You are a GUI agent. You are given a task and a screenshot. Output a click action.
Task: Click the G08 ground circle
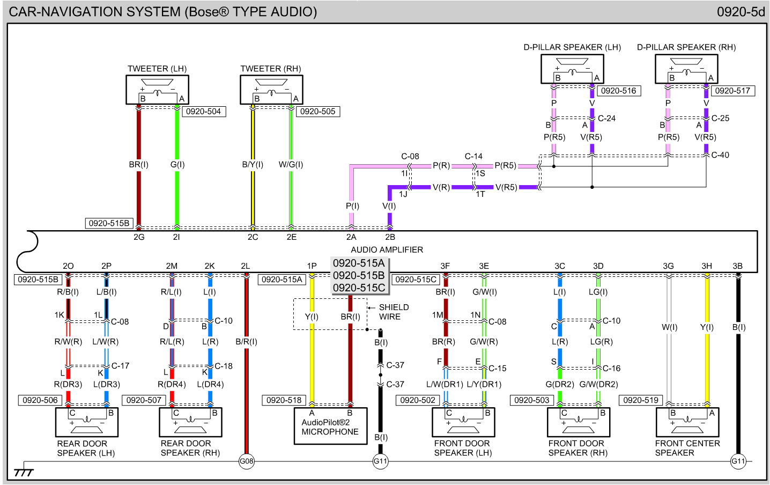tap(247, 461)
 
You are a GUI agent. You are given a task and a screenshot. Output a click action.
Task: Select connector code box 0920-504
tap(203, 112)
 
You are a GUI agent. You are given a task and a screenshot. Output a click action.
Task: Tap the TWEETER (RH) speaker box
tap(271, 90)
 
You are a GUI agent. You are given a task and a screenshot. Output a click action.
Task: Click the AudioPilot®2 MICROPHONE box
tap(330, 427)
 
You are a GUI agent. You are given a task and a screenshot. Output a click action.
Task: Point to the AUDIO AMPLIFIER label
tap(387, 249)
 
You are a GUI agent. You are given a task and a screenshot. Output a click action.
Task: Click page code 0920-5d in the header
tap(741, 12)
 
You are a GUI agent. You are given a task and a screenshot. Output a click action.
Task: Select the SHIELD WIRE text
tap(394, 312)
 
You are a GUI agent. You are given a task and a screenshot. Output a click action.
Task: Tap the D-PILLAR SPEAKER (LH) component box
tap(572, 69)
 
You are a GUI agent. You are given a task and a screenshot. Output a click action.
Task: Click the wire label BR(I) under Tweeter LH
tap(138, 165)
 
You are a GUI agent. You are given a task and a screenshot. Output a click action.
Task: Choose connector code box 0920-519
tap(641, 400)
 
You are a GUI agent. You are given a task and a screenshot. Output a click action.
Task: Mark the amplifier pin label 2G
tap(139, 237)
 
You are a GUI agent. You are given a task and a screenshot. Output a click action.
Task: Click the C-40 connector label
tap(720, 155)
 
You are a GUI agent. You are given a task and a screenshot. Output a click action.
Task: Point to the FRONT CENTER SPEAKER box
tap(687, 422)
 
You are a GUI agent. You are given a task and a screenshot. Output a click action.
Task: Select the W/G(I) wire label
tap(291, 165)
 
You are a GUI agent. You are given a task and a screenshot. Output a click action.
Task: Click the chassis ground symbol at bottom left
tap(24, 471)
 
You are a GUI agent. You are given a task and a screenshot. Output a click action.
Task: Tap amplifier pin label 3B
tap(738, 266)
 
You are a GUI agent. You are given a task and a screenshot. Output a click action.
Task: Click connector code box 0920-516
tap(618, 91)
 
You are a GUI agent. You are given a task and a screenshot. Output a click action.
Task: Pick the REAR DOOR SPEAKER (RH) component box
tap(190, 422)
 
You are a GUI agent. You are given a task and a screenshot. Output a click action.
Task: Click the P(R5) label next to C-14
tap(506, 166)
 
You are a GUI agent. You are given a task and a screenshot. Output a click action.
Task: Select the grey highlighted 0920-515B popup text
tap(359, 275)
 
